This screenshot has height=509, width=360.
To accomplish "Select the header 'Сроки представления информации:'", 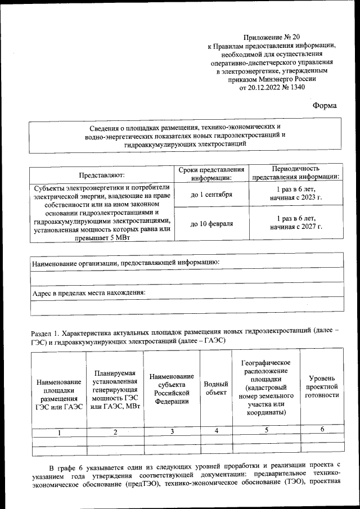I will (x=211, y=174).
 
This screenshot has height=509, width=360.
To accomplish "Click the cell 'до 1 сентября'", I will (x=211, y=194).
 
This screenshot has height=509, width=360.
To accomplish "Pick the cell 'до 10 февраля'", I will (x=211, y=223).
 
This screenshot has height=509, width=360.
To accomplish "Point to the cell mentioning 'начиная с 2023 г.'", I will (x=296, y=198).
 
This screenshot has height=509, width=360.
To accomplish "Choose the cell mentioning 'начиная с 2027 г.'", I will (x=296, y=227).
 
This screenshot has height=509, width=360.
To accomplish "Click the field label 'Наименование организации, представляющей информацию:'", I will (x=125, y=262).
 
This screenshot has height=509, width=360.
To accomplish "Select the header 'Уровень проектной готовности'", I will (x=322, y=387).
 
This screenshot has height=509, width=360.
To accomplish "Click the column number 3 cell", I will (x=172, y=431).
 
